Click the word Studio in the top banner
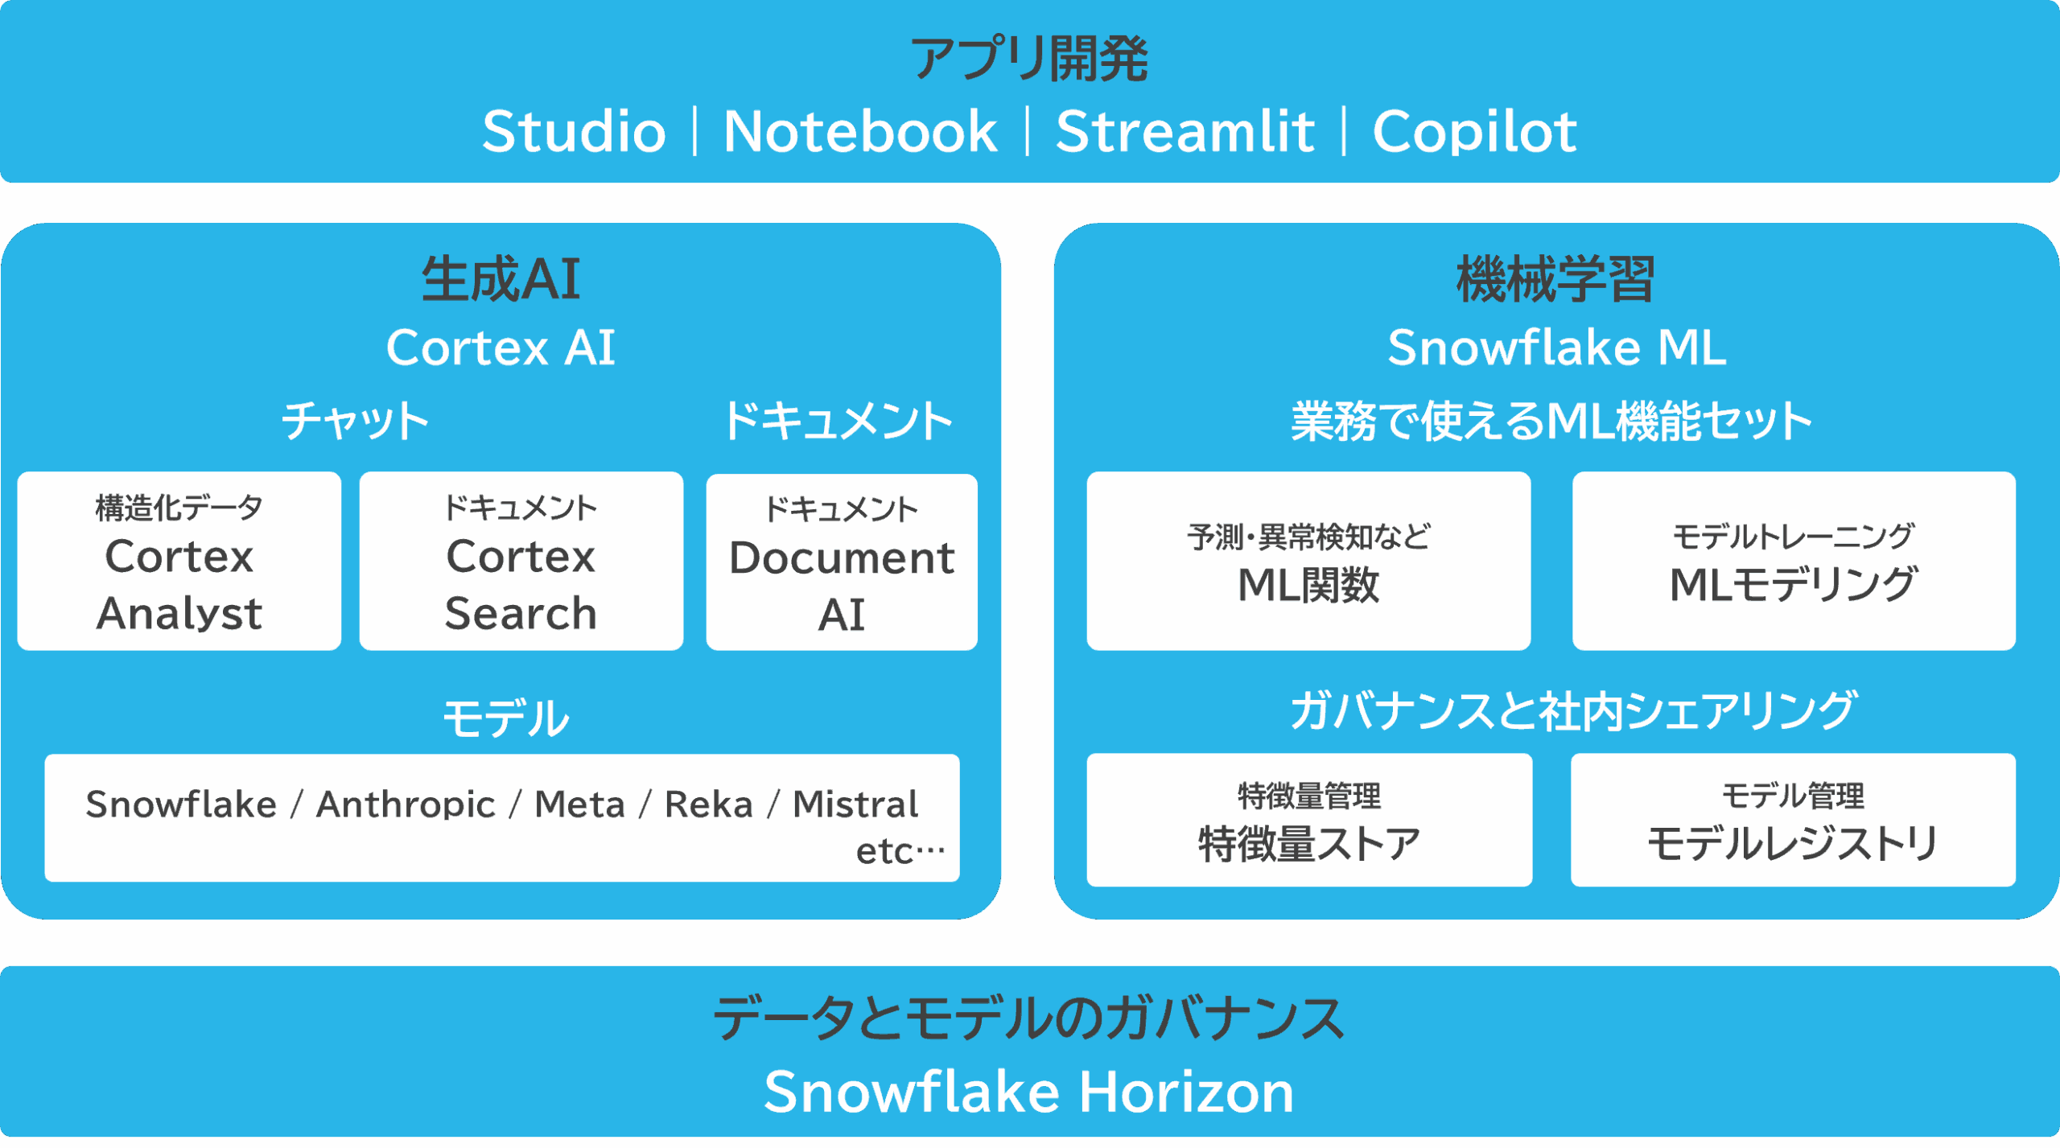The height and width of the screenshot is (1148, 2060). tap(574, 131)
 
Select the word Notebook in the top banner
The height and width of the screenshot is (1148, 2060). tap(860, 131)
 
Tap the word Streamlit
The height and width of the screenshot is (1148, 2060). tap(1184, 131)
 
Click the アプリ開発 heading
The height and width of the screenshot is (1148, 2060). tap(1029, 59)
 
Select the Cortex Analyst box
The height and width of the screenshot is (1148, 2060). tap(179, 562)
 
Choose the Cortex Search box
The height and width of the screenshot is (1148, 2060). tap(521, 562)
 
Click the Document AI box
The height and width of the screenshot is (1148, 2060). tap(842, 562)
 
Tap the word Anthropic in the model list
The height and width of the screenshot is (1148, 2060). tap(406, 805)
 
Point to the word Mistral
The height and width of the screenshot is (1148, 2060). tap(855, 804)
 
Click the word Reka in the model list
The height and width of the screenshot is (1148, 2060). tap(708, 804)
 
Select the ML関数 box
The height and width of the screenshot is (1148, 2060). tap(1308, 562)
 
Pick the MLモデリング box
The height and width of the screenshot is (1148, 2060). tap(1794, 562)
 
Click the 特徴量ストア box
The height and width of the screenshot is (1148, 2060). tap(1309, 821)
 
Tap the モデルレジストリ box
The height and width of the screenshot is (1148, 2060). tap(1793, 821)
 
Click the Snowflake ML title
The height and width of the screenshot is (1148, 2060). tap(1556, 348)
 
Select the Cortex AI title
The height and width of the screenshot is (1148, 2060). tap(501, 348)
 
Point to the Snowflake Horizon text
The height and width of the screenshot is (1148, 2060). tap(1029, 1092)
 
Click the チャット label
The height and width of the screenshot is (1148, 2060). tap(355, 421)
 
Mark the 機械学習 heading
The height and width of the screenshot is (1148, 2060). tap(1555, 278)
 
